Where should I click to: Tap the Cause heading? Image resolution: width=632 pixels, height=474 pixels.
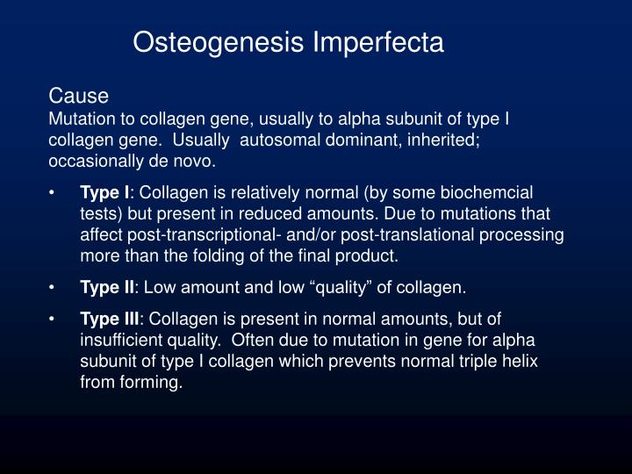coord(78,95)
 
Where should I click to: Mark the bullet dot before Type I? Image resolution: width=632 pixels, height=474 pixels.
coord(53,192)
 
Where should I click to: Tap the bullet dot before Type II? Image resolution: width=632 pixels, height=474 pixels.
coord(53,287)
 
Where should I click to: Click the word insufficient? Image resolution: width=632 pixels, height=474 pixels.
coord(119,340)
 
